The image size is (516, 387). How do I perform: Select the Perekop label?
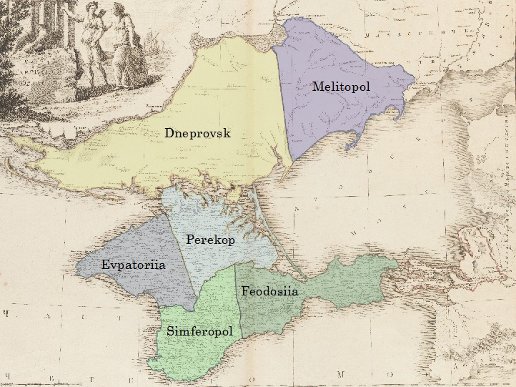[210, 240]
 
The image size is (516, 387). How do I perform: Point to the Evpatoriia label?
[134, 265]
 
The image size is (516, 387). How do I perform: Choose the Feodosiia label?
[269, 291]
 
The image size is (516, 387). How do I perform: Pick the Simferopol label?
[200, 331]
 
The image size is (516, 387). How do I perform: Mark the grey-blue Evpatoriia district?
[143, 283]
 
